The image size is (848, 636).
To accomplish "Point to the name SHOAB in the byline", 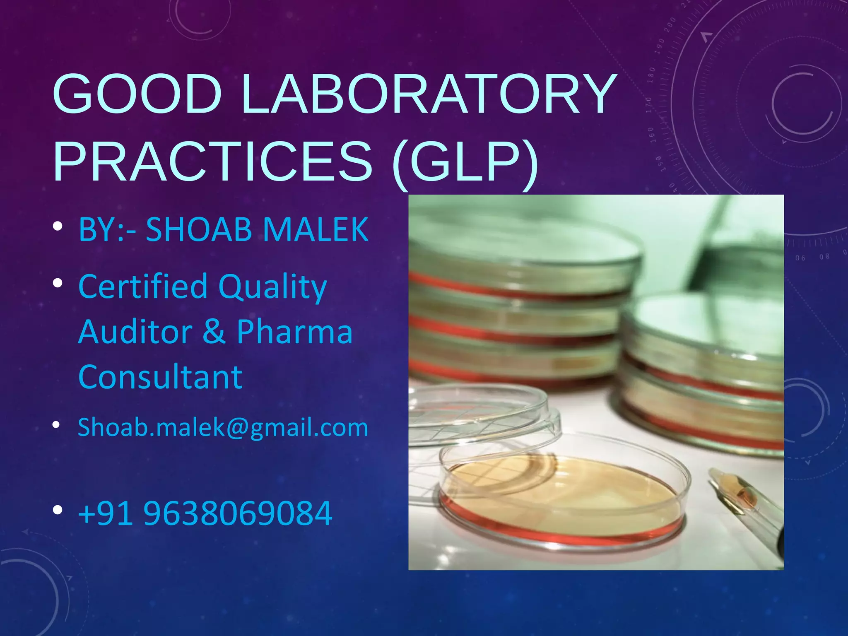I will point(199,229).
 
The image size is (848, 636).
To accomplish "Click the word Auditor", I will point(135,332).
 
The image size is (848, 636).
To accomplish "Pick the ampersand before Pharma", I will point(214,332).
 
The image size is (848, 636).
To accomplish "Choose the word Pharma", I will point(294,332).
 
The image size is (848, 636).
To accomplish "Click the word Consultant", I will point(160,377).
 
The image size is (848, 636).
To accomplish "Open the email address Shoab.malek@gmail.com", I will point(223,427).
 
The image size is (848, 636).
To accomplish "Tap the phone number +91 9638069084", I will point(205,513).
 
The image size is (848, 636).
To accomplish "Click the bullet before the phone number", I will point(58,510).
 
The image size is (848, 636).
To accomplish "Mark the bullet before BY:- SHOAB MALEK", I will point(58,226).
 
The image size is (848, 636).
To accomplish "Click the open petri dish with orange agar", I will point(563,493).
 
